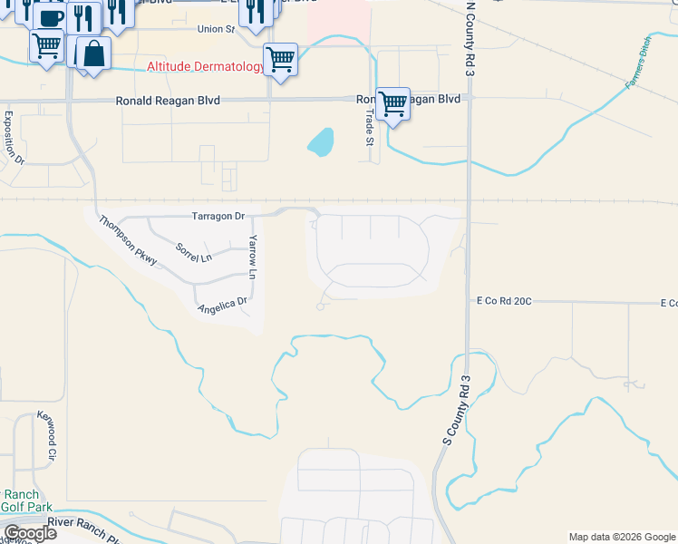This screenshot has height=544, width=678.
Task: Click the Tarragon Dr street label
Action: click(x=218, y=217)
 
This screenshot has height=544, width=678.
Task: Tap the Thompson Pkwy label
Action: click(x=129, y=240)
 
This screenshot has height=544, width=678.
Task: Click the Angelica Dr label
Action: click(x=223, y=306)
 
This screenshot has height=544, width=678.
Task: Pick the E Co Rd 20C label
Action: click(x=504, y=301)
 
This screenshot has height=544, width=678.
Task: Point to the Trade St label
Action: click(x=369, y=127)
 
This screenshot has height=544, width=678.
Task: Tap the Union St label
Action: click(x=216, y=29)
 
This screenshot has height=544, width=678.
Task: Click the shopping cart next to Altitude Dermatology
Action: click(x=280, y=59)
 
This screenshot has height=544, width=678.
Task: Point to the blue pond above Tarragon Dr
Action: click(x=320, y=141)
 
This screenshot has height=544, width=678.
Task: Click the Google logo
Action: click(x=30, y=534)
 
